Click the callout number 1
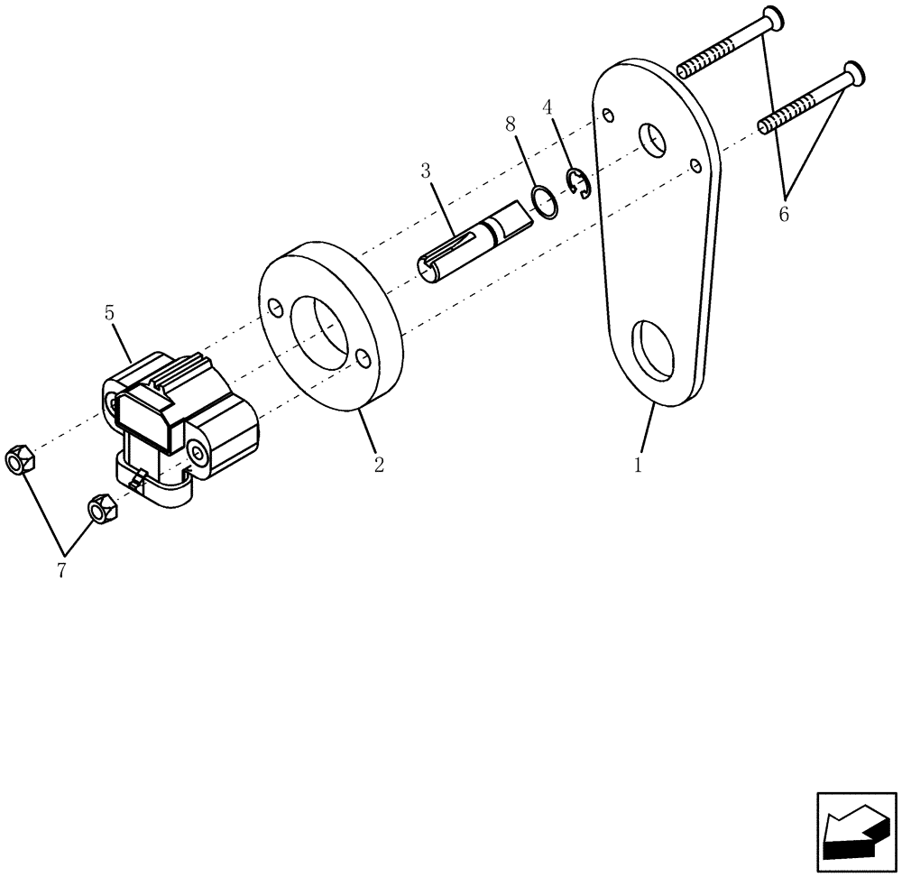pos(638,466)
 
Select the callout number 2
pos(379,466)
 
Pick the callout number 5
pos(109,314)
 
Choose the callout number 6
pos(783,215)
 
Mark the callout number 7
pos(62,571)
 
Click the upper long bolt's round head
pos(769,18)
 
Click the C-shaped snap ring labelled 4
pos(577,184)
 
